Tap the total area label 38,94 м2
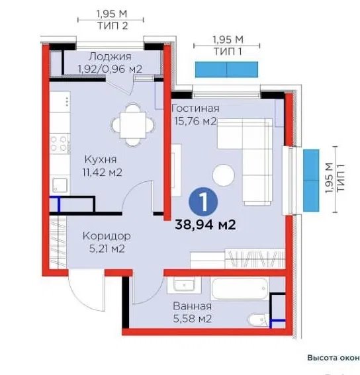point(205,225)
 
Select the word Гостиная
point(196,108)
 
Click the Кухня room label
point(101,159)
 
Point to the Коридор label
point(107,236)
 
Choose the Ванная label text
point(192,306)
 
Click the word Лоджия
point(110,57)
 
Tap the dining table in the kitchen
point(133,125)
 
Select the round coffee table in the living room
point(223,175)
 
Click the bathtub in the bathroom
point(240,288)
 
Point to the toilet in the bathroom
point(259,319)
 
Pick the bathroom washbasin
point(184,284)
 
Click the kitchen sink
point(60,185)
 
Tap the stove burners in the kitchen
point(59,144)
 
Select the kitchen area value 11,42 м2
point(102,172)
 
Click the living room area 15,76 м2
point(195,121)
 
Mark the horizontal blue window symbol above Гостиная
point(226,69)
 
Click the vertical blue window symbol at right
point(311,181)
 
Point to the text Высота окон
point(334,358)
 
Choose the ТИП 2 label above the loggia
point(112,26)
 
